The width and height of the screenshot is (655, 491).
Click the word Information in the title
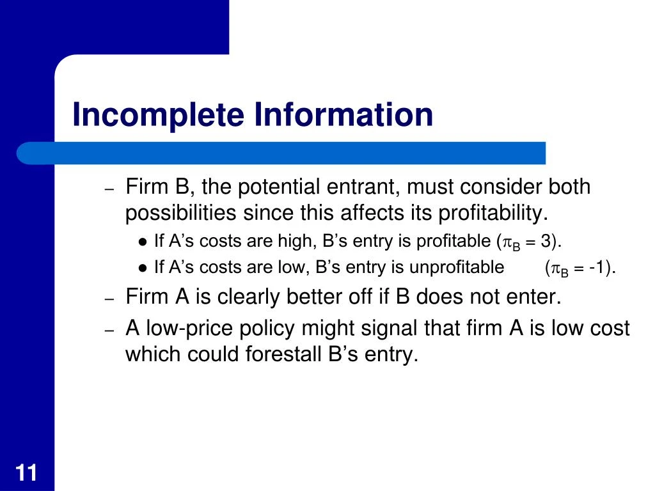[343, 115]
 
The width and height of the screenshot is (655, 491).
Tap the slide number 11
[26, 474]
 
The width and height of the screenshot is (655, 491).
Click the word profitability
[492, 213]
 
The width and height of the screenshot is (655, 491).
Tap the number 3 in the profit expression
[545, 241]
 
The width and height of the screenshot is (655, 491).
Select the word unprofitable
[457, 267]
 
